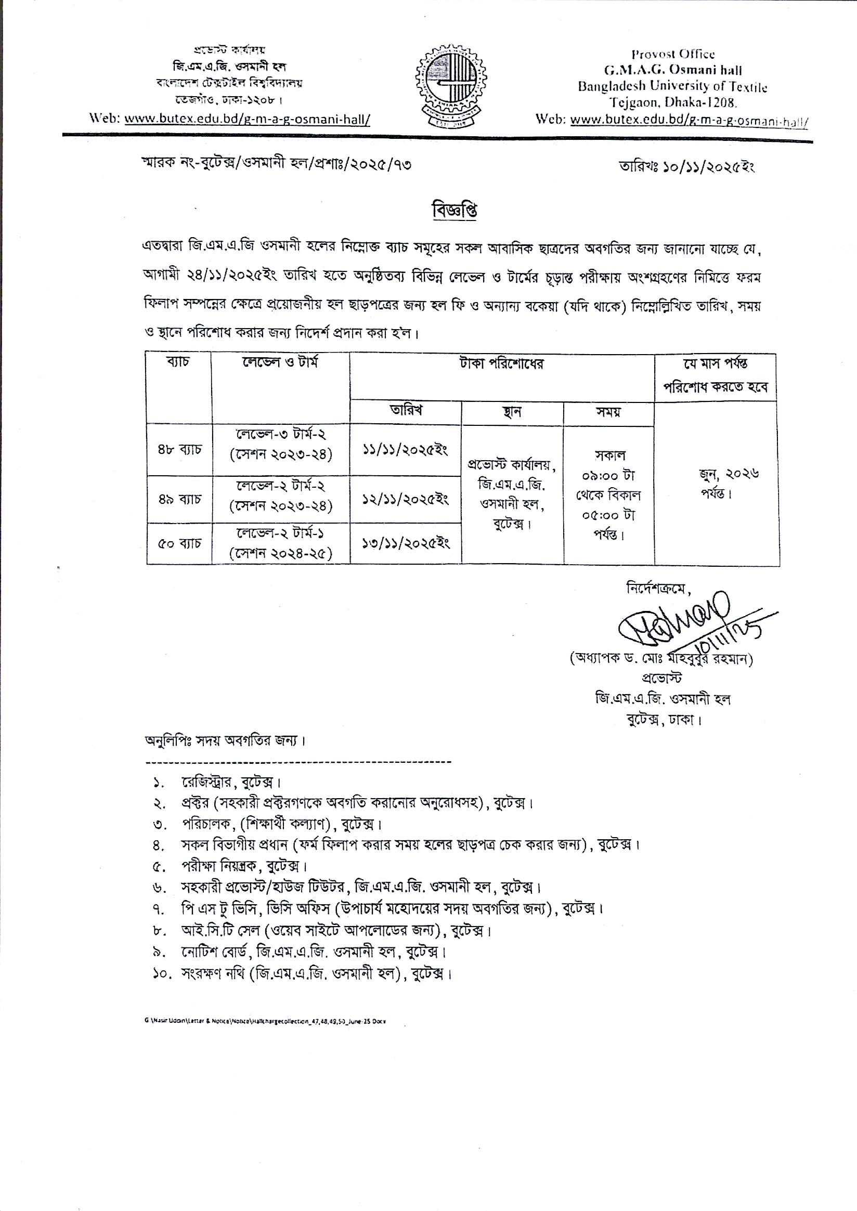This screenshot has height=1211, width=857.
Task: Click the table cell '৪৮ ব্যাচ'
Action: [179, 450]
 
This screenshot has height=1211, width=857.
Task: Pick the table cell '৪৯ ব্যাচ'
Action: [179, 499]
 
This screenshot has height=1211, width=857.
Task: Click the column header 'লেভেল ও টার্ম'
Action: [280, 363]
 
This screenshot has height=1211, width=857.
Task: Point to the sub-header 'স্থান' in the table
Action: [512, 412]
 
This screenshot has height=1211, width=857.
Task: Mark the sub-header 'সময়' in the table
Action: [608, 412]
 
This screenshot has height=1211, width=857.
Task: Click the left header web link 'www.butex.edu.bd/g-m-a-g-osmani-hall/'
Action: [247, 120]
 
